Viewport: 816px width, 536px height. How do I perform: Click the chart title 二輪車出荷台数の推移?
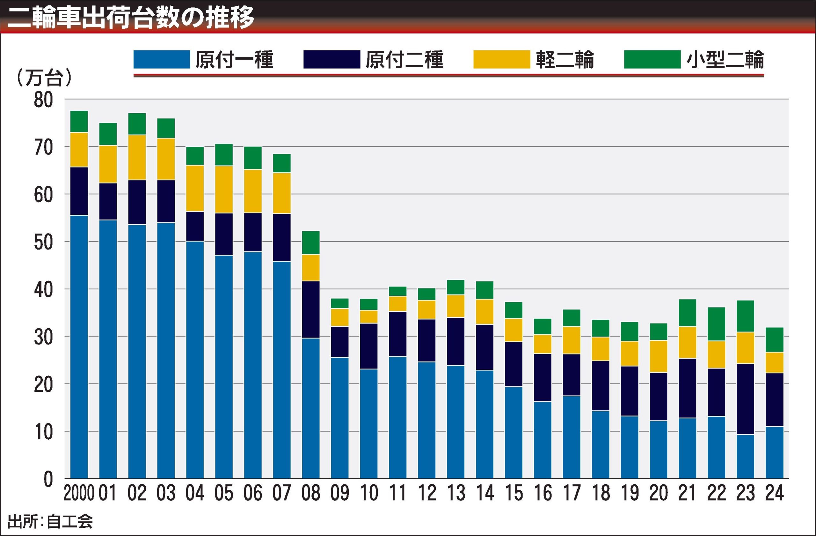coord(130,17)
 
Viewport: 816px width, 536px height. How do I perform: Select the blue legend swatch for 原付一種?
coord(162,59)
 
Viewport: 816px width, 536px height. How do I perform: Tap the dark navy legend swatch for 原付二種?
coord(331,59)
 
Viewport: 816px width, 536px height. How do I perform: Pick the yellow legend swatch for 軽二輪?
coord(502,59)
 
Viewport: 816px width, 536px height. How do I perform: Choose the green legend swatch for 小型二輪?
coord(652,59)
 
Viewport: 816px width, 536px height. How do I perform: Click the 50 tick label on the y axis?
coord(44,242)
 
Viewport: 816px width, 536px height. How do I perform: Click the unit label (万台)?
coord(44,78)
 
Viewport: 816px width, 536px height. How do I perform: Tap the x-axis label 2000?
coord(79,493)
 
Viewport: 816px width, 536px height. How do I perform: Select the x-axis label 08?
coord(311,493)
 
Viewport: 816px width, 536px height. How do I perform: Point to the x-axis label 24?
coord(775,493)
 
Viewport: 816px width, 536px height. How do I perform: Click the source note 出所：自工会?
coord(50,521)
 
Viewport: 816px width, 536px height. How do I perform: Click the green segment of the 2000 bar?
coord(79,122)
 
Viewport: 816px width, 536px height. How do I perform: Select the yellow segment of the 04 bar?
coord(195,188)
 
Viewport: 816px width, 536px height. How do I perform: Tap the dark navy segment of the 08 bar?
coord(311,309)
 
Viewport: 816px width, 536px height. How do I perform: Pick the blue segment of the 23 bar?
coord(745,456)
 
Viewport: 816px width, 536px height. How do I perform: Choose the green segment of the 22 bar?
coord(717,324)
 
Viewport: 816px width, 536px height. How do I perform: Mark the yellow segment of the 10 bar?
coord(368,317)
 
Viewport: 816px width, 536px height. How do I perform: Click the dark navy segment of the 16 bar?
coord(543,377)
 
